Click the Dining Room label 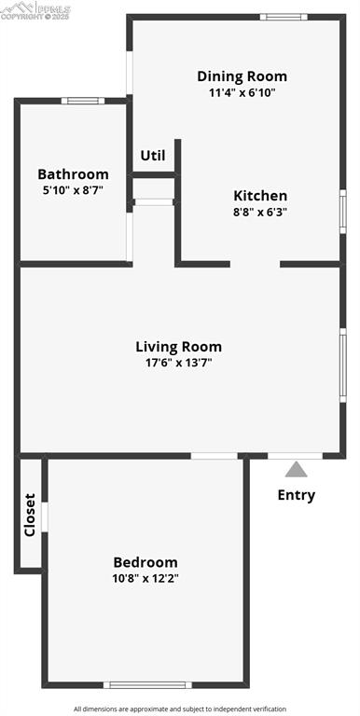(242, 76)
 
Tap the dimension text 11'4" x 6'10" (242, 92)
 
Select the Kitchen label (260, 196)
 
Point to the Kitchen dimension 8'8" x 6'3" (260, 212)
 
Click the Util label (153, 156)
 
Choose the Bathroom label (73, 174)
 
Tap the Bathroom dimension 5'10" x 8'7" (73, 190)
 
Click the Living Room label (179, 347)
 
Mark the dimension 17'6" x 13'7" (179, 363)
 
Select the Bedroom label (145, 562)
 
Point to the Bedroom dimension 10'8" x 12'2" (145, 578)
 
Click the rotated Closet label (30, 515)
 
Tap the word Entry (297, 495)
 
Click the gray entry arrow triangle (296, 470)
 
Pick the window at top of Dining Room (284, 16)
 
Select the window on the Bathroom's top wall (83, 101)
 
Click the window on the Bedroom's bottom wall (147, 685)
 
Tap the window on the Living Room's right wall (343, 365)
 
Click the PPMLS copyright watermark (35, 11)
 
